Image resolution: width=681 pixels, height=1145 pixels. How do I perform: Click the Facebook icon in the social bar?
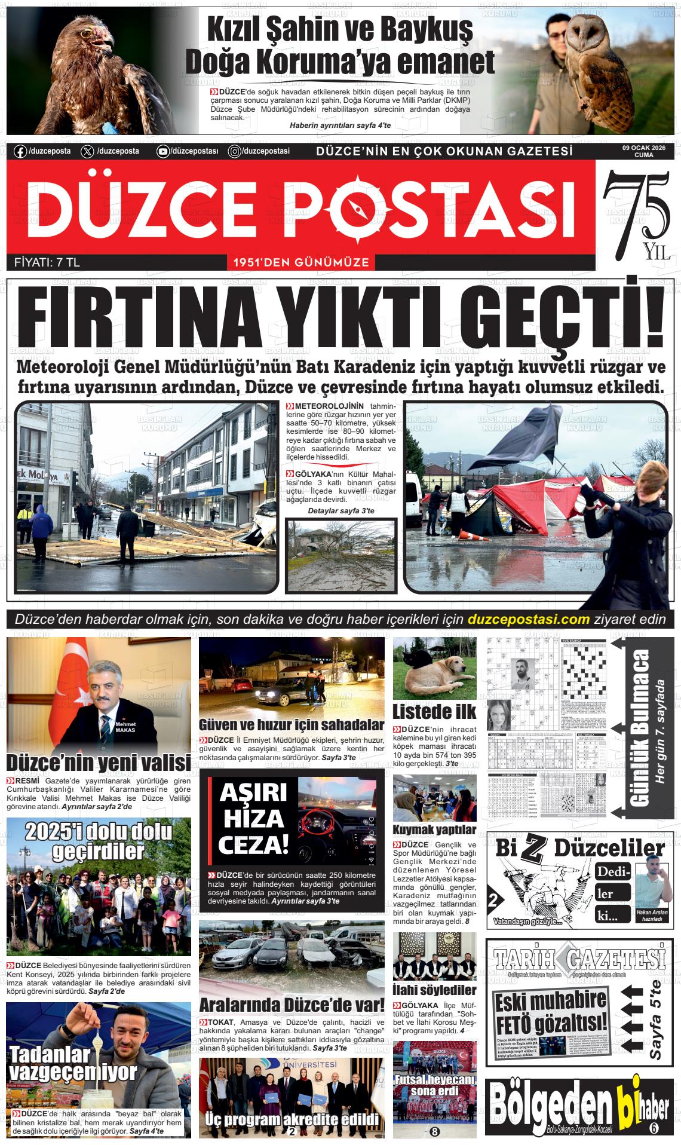[x=20, y=151]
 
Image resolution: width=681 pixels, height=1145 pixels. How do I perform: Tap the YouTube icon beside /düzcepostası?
[x=162, y=152]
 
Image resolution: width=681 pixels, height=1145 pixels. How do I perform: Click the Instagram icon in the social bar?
[x=235, y=152]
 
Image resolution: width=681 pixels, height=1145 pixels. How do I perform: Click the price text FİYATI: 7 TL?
[x=47, y=262]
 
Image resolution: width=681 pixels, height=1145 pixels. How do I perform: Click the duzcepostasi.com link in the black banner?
[x=529, y=619]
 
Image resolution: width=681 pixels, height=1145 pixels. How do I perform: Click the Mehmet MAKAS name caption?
[x=125, y=727]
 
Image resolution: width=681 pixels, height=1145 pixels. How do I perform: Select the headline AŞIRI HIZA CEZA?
[x=253, y=818]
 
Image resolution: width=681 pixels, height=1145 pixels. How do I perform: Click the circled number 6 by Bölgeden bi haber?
[x=653, y=1127]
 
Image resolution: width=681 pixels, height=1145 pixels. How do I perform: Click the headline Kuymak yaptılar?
[x=434, y=829]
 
